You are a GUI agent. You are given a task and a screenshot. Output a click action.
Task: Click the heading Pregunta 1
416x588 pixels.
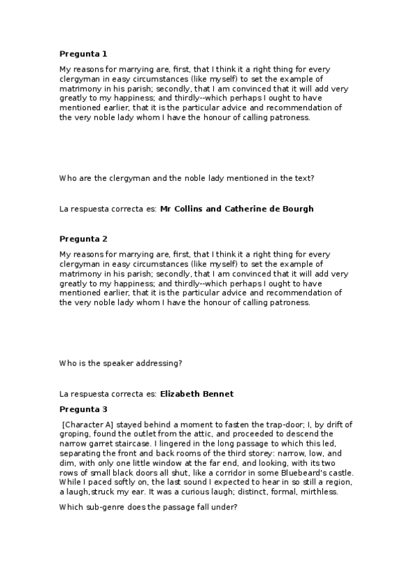(83, 53)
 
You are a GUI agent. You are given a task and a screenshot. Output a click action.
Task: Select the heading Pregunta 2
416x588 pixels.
(83, 239)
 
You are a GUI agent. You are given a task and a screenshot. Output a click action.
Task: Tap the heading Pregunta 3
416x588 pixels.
(83, 409)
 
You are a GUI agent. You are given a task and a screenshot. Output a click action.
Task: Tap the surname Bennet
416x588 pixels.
(219, 394)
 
